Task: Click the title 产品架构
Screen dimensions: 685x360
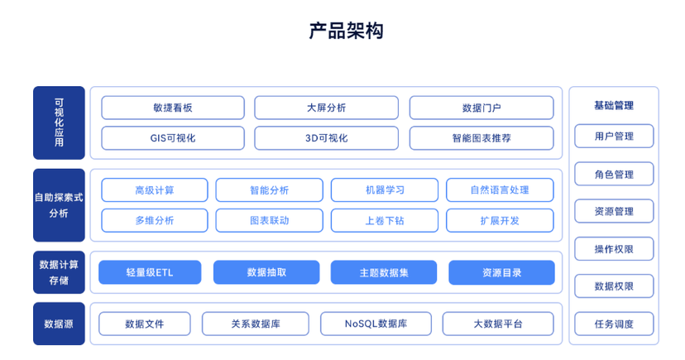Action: click(346, 31)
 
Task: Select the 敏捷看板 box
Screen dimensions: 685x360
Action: click(173, 108)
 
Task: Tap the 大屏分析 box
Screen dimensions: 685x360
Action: click(326, 108)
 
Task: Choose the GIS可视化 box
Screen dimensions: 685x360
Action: click(173, 138)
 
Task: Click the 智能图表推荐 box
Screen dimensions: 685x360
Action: click(481, 138)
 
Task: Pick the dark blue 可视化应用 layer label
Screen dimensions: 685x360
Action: click(59, 122)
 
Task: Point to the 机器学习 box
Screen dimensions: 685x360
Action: click(385, 190)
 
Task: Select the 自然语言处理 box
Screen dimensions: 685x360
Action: click(500, 190)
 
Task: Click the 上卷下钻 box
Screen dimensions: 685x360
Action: click(385, 221)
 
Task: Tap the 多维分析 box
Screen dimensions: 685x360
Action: click(155, 221)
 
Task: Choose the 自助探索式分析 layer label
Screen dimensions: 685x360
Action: click(59, 205)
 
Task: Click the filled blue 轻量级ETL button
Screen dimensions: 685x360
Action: click(150, 272)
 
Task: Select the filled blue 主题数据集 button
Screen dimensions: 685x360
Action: click(384, 272)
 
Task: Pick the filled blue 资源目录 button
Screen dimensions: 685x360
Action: click(501, 272)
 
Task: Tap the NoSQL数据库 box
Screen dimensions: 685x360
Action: click(376, 324)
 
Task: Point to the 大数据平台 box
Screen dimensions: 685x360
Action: click(498, 324)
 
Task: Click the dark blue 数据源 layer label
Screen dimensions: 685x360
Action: click(59, 324)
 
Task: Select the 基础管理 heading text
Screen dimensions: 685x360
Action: click(614, 105)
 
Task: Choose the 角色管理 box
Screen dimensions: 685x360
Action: click(614, 175)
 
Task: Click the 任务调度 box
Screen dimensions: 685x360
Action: click(614, 324)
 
